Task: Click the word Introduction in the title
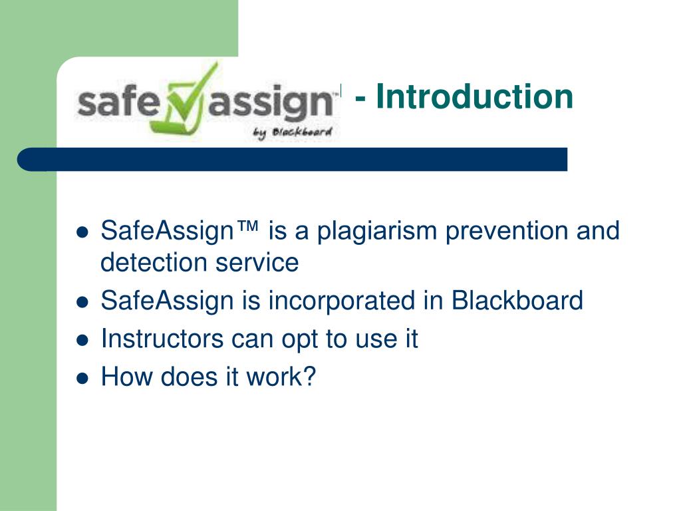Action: tap(474, 96)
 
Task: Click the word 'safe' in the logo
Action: tap(114, 104)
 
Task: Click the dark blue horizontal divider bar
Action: tap(293, 160)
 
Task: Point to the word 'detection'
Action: tap(152, 263)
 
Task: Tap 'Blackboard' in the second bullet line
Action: tap(517, 301)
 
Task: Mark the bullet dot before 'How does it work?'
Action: tap(82, 379)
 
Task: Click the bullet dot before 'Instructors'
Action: tap(82, 340)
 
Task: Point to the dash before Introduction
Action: tap(362, 98)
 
